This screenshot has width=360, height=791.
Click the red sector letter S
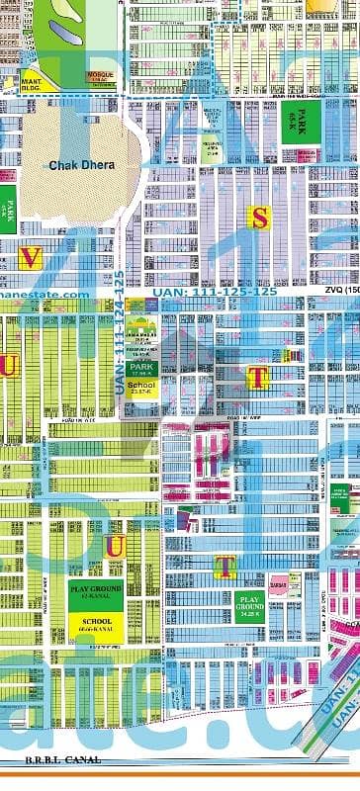[259, 220]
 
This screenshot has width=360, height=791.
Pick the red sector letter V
[30, 258]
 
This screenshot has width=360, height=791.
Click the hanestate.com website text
[44, 294]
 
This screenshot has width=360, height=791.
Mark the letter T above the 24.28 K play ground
[225, 566]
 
